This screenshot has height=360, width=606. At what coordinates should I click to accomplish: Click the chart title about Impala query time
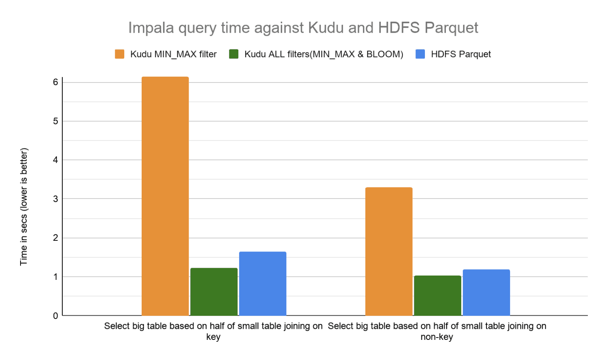[303, 28]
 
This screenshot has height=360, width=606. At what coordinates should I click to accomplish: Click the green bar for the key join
[214, 292]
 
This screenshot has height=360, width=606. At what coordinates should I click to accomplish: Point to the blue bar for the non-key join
[486, 292]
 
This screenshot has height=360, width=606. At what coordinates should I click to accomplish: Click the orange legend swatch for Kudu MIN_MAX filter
[120, 54]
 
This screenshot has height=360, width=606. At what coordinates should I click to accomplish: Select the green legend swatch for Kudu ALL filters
[234, 54]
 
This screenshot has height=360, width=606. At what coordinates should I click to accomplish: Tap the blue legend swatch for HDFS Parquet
[420, 54]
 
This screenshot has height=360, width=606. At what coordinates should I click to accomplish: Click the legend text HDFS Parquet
[461, 54]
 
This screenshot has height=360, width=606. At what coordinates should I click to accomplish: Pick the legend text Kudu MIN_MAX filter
[173, 54]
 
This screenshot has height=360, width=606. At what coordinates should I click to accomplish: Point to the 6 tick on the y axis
[56, 82]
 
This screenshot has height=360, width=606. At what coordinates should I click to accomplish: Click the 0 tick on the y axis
[56, 316]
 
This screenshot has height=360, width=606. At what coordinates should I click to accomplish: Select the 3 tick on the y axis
[56, 199]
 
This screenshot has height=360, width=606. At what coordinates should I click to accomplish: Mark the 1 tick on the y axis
[56, 277]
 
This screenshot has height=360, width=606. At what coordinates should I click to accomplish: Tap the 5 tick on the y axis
[56, 121]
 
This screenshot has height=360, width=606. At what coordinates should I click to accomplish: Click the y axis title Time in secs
[24, 206]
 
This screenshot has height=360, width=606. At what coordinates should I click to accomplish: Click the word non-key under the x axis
[437, 337]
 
